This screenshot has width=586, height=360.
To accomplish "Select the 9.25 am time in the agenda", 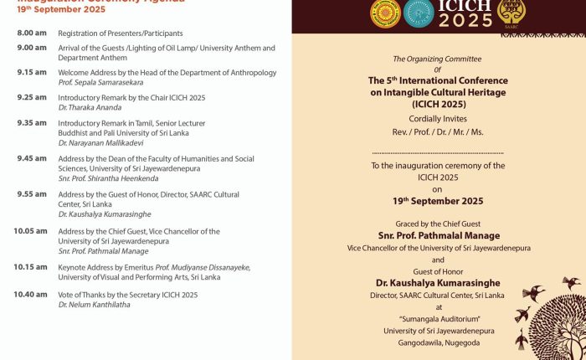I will pos(32,98).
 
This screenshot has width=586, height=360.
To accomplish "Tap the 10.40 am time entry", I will pos(30,295).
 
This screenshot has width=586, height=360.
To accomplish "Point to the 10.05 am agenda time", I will pos(30,231).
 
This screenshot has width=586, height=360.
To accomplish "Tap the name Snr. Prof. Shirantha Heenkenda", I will pos(108,178).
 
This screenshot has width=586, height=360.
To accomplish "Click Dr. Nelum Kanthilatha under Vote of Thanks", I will pos(94,305).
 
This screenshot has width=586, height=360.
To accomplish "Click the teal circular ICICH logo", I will pos(418,13).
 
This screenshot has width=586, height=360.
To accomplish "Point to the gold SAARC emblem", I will pos(511,12).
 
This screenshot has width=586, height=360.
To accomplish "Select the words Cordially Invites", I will pos(438,119).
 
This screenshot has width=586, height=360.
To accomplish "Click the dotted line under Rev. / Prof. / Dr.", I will pos(438,153).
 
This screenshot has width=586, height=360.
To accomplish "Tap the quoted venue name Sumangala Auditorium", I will pos(438,319).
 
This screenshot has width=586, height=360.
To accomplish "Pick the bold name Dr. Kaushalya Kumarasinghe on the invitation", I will pos(438,283).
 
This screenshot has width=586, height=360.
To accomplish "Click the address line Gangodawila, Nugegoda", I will pos(438,342).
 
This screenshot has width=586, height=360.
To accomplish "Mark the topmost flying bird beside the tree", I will pos(571,283).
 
